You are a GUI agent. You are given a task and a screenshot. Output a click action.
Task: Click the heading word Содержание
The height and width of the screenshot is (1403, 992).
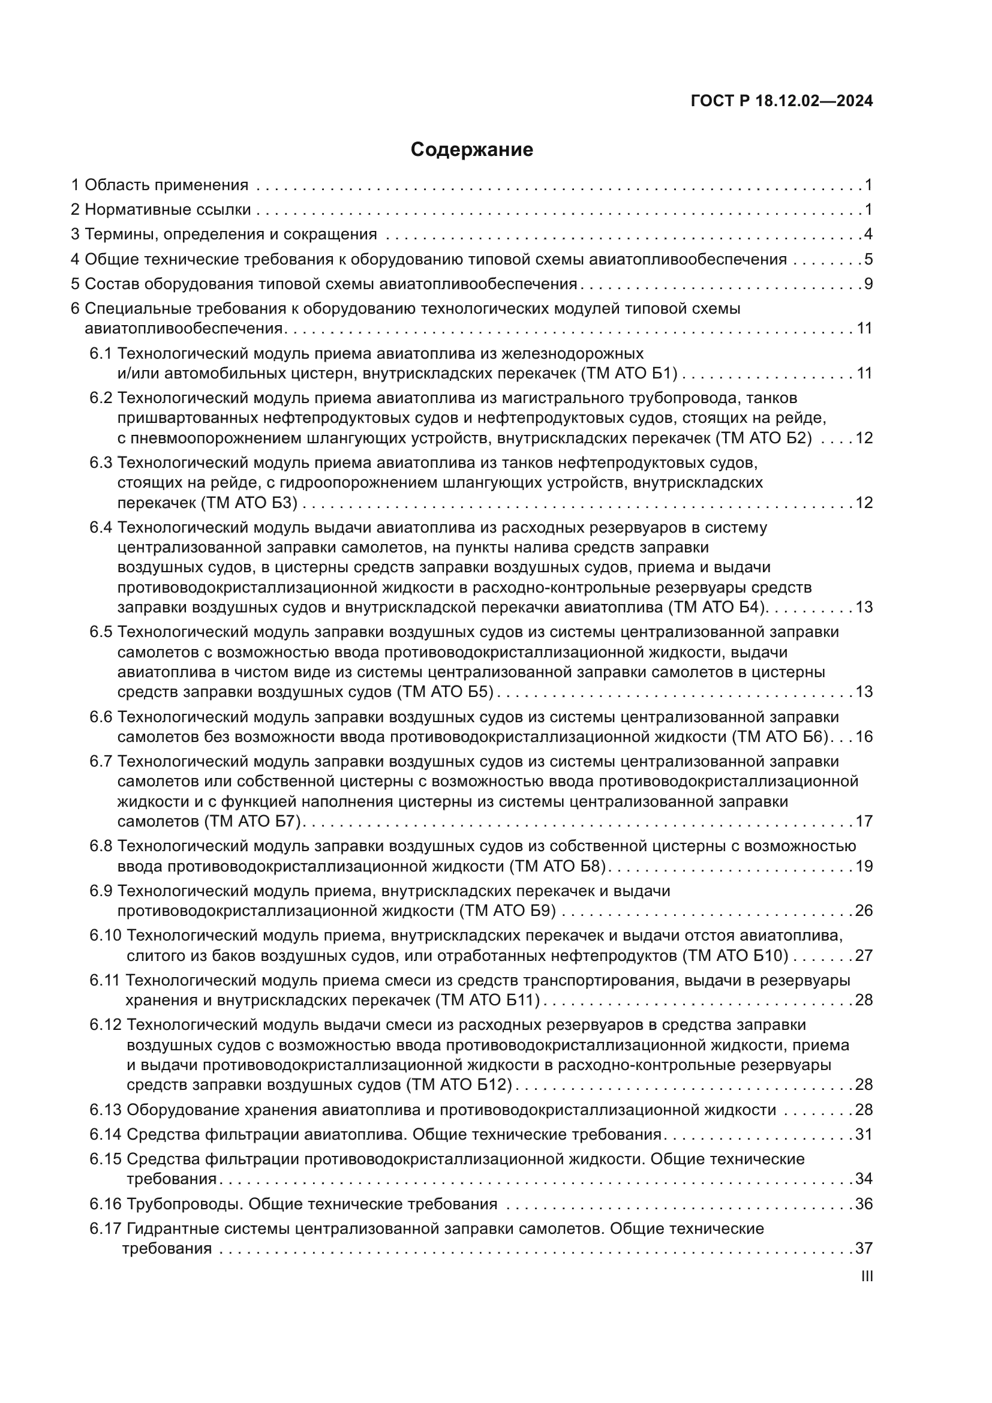471,149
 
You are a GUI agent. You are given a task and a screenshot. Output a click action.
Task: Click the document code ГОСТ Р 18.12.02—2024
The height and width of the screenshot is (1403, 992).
781,101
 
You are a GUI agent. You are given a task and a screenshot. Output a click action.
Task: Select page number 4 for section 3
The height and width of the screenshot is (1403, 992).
868,234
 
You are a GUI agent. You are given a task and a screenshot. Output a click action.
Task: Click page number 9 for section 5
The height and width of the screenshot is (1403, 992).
868,284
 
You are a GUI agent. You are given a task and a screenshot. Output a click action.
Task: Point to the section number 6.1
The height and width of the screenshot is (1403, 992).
101,353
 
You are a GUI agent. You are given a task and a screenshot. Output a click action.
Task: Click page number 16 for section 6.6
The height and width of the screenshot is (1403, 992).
864,737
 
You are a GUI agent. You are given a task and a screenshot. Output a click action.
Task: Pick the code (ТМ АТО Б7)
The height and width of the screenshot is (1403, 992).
253,821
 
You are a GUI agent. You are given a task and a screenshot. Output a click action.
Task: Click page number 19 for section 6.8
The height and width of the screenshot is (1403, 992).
864,866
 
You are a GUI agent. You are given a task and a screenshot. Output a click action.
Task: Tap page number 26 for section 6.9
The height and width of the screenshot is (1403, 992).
864,911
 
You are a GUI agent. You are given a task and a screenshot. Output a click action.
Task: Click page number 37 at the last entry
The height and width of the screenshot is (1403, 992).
864,1248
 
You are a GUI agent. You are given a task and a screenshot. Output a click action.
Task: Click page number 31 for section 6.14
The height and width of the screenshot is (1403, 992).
864,1134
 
